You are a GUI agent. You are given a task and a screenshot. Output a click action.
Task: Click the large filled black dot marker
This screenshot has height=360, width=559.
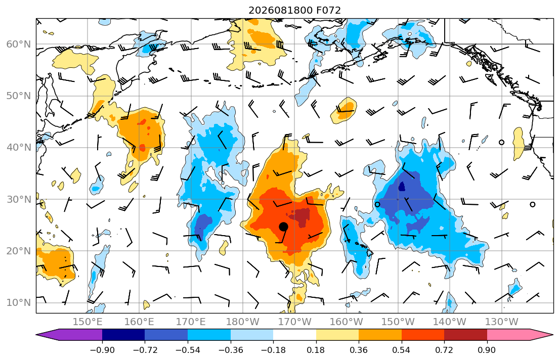pyautogui.click(x=283, y=227)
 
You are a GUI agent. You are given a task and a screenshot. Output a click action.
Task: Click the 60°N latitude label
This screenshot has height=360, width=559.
pyautogui.click(x=19, y=44)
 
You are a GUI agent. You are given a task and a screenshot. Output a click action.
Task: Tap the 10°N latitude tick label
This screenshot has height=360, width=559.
pyautogui.click(x=19, y=303)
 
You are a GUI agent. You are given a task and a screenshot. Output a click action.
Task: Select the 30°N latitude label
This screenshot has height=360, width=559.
pyautogui.click(x=19, y=199)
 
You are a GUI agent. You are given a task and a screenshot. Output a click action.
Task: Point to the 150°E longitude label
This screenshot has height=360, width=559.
pyautogui.click(x=88, y=322)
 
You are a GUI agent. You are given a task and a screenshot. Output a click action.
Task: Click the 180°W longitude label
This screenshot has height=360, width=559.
pyautogui.click(x=243, y=322)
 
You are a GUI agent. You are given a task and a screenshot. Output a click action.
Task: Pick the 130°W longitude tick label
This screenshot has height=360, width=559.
pyautogui.click(x=502, y=322)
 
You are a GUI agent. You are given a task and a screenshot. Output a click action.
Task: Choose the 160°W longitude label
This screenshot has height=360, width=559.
pyautogui.click(x=347, y=322)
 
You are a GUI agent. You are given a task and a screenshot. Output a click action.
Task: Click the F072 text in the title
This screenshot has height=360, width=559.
pyautogui.click(x=328, y=10)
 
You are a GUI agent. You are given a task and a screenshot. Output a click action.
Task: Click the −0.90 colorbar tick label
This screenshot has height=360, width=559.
pyautogui.click(x=102, y=350)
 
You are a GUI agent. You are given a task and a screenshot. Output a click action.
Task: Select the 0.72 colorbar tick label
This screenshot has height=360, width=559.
pyautogui.click(x=444, y=350)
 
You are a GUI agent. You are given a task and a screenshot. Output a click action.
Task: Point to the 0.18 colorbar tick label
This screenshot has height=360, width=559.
pyautogui.click(x=316, y=350)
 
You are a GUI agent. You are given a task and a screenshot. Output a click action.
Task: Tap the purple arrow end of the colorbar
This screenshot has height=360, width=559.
pyautogui.click(x=69, y=335)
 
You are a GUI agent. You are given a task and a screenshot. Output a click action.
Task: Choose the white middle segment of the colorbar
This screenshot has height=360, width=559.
pyautogui.click(x=294, y=335)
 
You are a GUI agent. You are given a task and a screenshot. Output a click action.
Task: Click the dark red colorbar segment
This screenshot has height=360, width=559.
pyautogui.click(x=465, y=335)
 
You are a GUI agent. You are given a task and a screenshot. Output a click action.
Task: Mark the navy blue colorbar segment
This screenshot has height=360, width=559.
pyautogui.click(x=123, y=335)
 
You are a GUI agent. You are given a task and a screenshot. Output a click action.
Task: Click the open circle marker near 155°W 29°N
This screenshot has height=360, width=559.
pyautogui.click(x=377, y=204)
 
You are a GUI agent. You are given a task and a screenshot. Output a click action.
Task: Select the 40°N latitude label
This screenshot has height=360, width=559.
pyautogui.click(x=19, y=148)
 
